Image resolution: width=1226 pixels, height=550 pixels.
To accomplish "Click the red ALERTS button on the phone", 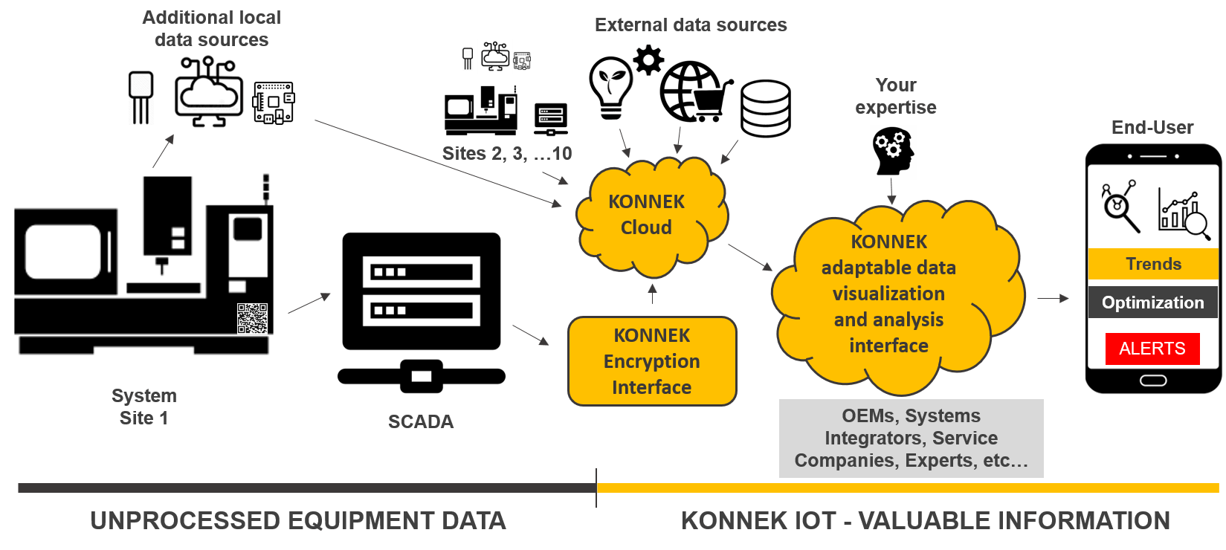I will point(1152,349).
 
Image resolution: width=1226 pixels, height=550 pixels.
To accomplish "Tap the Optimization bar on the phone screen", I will point(1152,302).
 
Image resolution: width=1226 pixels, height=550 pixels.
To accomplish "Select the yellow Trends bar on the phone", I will point(1152,264).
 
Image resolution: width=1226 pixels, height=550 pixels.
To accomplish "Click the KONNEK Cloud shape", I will point(647,215).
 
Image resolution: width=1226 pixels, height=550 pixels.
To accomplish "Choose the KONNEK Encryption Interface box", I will point(652,361).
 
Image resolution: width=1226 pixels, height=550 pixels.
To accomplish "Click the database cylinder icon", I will point(765,109).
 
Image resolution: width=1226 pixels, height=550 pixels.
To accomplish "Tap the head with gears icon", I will point(893,152).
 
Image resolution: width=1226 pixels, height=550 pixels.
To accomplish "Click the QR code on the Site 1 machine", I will point(252,318).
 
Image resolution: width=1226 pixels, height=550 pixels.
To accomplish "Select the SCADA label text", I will point(421,421).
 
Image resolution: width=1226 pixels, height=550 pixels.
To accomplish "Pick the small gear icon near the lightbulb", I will point(648,59).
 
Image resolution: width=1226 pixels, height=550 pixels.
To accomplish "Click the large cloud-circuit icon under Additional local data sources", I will point(207,92).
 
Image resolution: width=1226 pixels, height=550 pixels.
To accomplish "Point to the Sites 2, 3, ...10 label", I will point(507,154).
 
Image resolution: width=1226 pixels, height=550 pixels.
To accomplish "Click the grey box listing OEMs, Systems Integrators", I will point(911,439).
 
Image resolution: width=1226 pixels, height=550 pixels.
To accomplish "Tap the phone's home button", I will point(1152,381).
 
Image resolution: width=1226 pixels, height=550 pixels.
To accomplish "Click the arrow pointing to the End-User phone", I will point(1053,298).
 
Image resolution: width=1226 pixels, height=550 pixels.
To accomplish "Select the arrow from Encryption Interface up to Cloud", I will point(652,294).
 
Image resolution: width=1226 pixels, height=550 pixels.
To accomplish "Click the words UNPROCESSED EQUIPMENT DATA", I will point(298,521).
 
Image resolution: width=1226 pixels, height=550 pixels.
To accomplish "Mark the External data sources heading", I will point(691,25).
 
